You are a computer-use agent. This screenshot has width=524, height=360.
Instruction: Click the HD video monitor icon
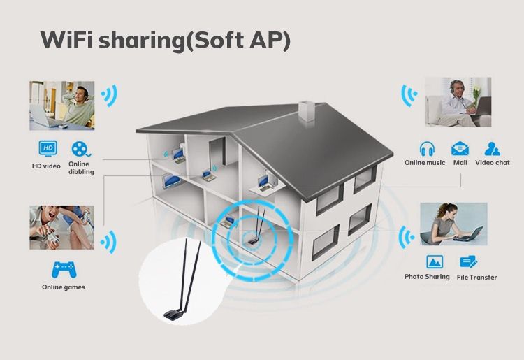pos(48,148)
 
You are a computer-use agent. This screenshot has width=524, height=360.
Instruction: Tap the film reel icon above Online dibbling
pos(80,149)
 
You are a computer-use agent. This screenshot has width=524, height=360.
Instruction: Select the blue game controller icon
pos(64,270)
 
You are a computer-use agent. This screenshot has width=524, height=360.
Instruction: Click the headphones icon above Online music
pos(427,149)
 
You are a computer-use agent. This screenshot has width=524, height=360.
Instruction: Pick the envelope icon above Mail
pos(460,149)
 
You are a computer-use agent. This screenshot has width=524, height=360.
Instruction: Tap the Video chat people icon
pos(492,149)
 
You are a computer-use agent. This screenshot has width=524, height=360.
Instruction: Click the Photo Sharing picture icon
pos(435,261)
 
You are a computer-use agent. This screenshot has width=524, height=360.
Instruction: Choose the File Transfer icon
pos(469,261)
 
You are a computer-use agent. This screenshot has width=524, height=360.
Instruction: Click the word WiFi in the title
pos(66,40)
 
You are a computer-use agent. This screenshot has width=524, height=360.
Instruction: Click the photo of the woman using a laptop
pos(453,224)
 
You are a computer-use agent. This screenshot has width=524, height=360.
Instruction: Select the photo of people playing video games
pos(61,228)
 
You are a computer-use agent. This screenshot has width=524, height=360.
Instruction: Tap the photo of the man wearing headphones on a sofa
pos(458,102)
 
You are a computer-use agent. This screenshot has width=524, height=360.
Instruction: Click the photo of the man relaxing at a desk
pos(61,106)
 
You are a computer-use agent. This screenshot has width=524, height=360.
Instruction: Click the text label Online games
pos(63,287)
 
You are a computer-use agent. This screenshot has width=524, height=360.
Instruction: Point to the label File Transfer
pos(476,277)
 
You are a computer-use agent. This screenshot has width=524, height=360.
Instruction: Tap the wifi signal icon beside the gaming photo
pos(108,242)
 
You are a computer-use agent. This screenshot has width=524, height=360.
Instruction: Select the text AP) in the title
pos(270,41)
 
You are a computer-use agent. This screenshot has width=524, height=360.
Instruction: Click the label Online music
pos(425,163)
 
